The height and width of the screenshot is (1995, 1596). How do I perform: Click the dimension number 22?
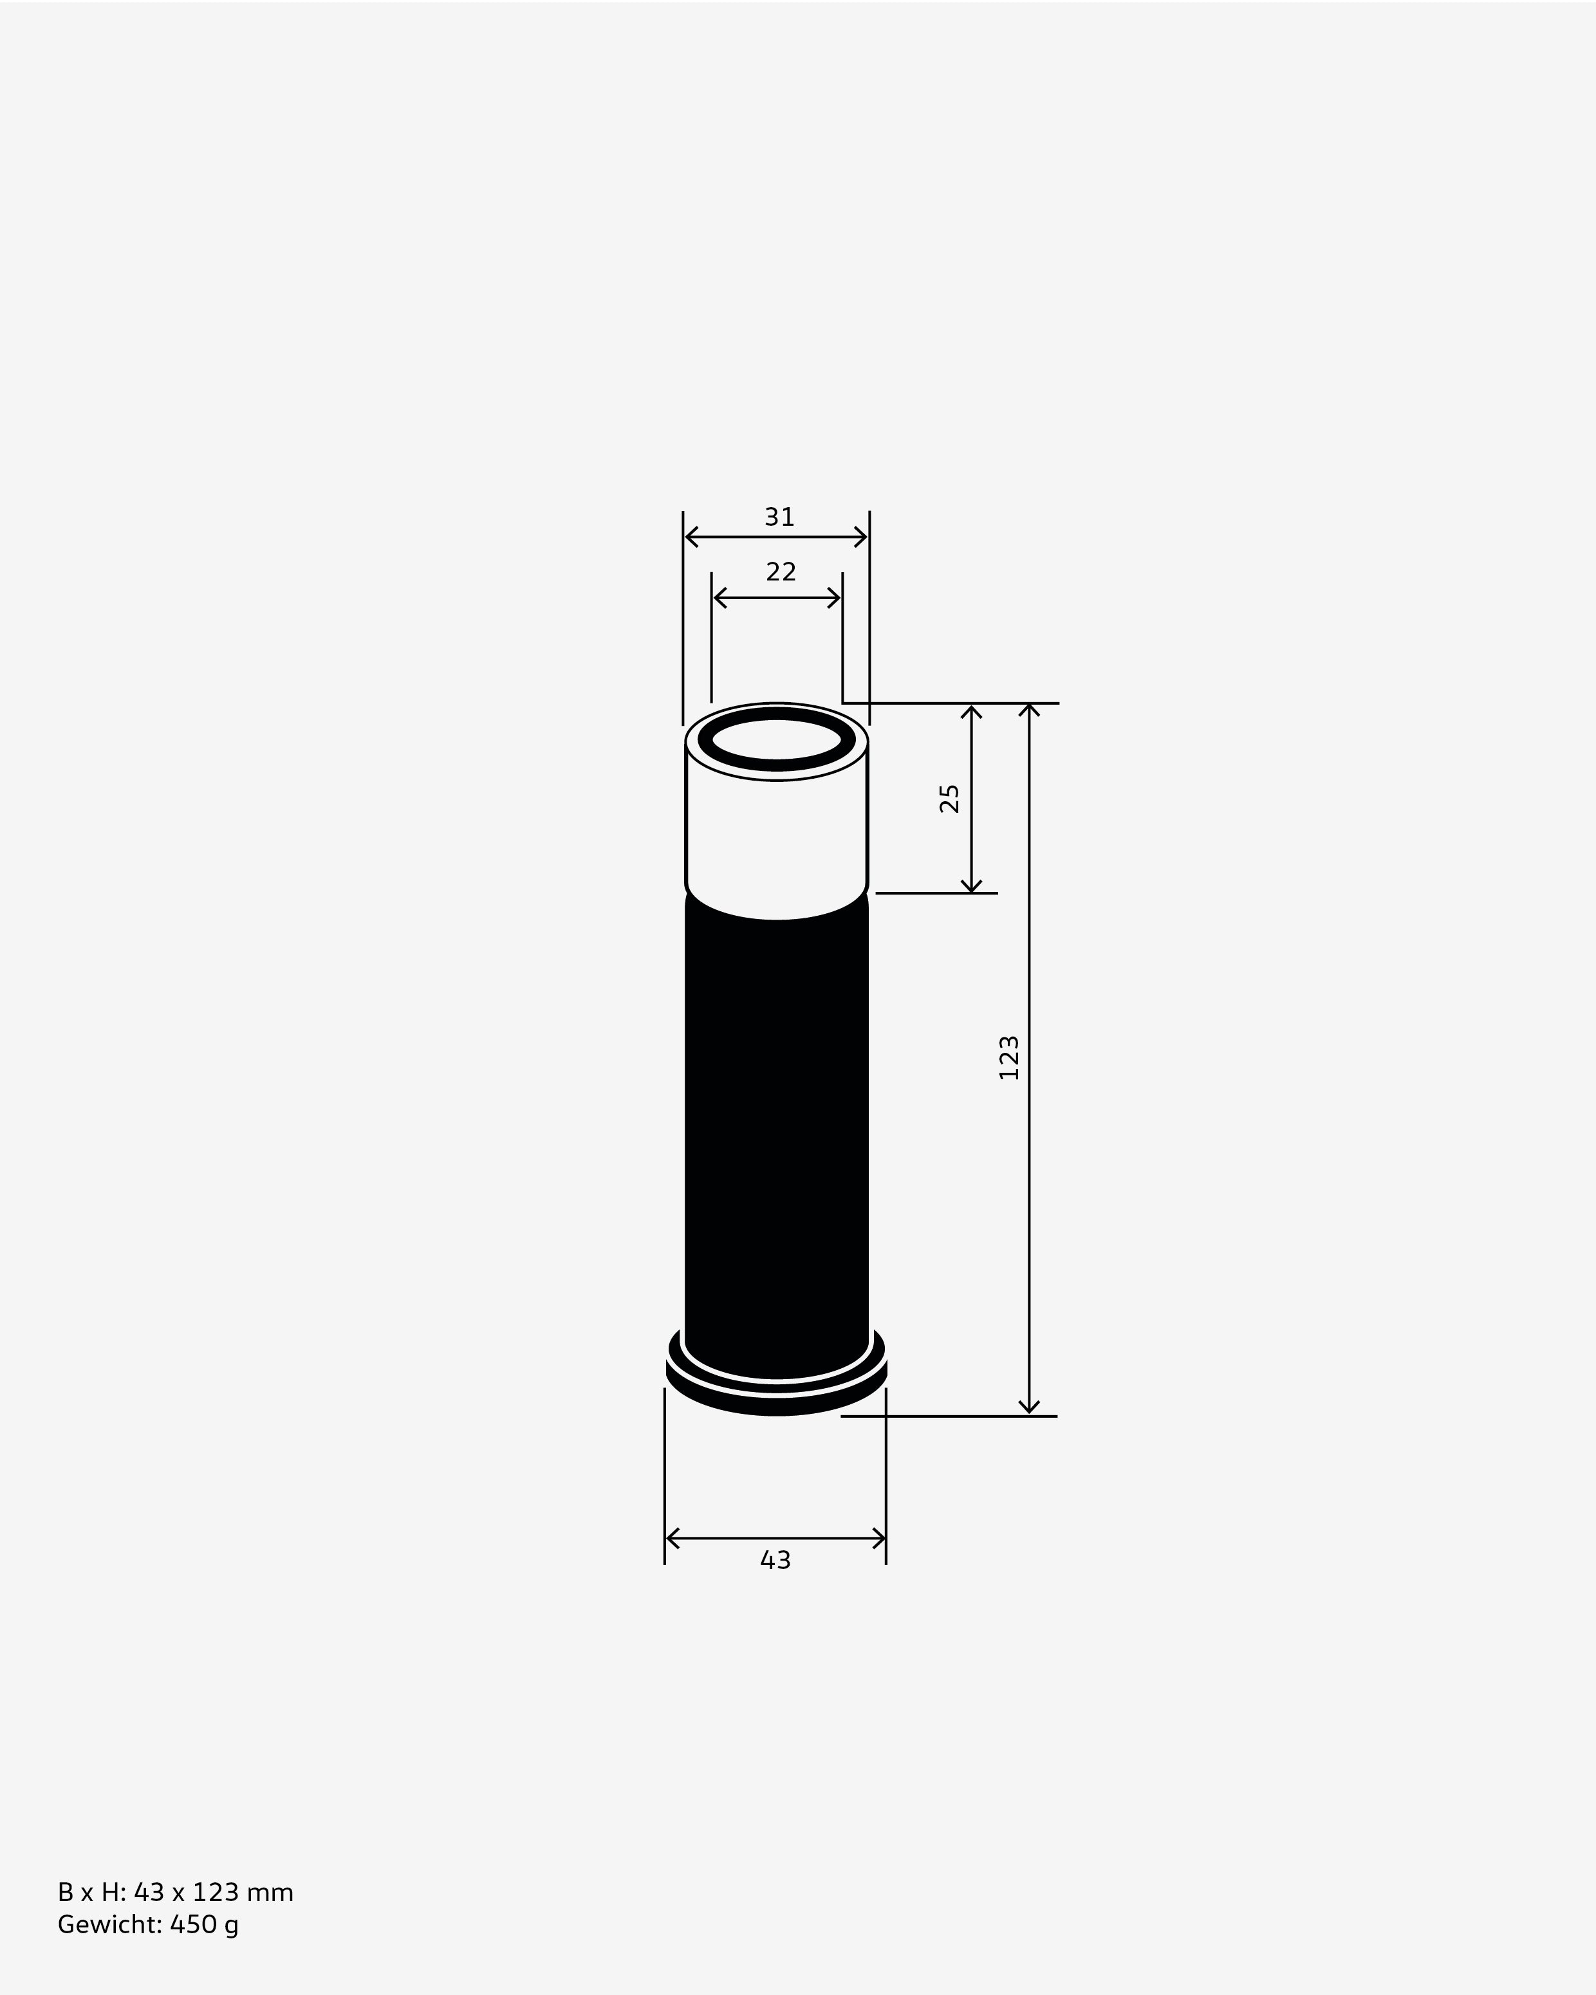[x=781, y=572]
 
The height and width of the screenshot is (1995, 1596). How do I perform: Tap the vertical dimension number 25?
[x=949, y=797]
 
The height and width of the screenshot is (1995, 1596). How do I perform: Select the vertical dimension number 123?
[x=1008, y=1057]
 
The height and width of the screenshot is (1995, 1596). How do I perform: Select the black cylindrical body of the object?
[x=776, y=1129]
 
